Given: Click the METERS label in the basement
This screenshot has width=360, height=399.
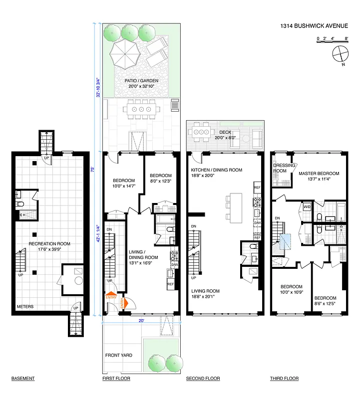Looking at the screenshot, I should point(25,307).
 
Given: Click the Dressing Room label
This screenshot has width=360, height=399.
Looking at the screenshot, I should point(280,168).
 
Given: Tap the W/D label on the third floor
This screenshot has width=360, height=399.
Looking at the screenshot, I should point(307,206).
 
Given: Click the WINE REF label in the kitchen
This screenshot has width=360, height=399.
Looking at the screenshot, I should point(257,235).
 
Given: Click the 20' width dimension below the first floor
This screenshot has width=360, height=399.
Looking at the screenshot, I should point(141,321).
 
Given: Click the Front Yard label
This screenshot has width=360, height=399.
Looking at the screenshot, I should point(118,356).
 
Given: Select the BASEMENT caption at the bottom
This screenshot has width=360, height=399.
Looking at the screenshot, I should point(22,379).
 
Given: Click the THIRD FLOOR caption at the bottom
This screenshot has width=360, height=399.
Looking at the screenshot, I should point(284,379).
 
